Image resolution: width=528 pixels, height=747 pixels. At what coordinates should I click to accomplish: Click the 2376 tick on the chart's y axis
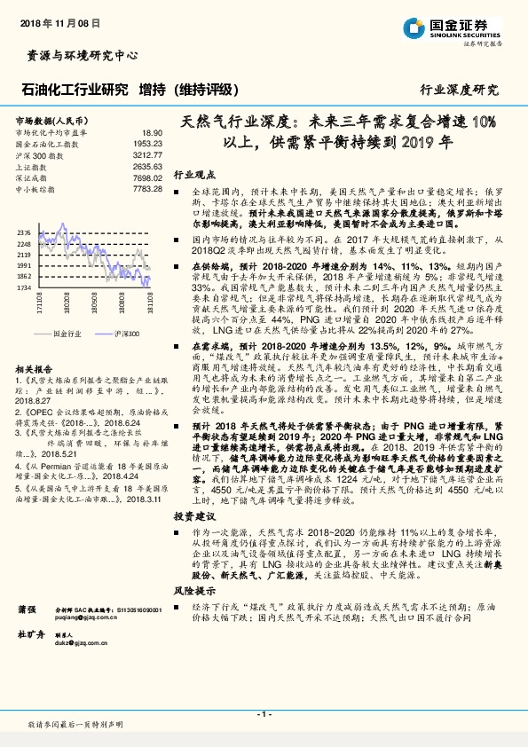tap(23, 232)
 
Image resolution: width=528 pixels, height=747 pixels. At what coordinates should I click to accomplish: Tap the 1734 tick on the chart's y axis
tap(23, 287)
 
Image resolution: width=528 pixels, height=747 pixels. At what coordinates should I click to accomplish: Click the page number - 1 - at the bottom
tap(263, 714)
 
